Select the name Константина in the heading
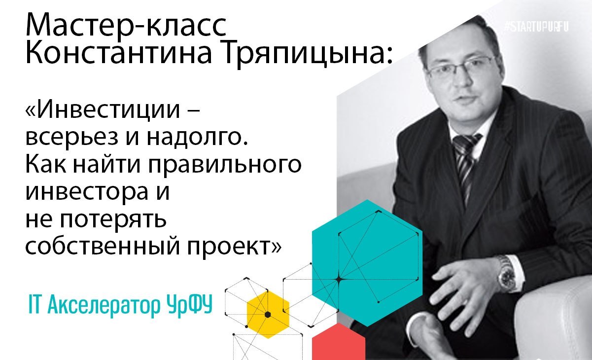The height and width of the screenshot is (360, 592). click(x=119, y=52)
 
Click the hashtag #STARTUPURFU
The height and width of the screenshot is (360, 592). click(x=536, y=27)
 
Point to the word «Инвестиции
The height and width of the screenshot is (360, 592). click(x=103, y=109)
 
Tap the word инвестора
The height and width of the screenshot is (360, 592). click(x=87, y=193)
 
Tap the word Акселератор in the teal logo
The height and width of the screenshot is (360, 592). click(x=105, y=306)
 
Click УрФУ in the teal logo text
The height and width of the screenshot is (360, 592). click(x=190, y=306)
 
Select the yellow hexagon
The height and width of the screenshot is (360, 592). click(x=268, y=315)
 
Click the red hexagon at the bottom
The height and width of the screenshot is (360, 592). click(x=339, y=342)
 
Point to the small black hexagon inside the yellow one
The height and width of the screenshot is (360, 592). click(x=268, y=315)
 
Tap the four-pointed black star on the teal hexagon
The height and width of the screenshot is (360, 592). click(x=339, y=280)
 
